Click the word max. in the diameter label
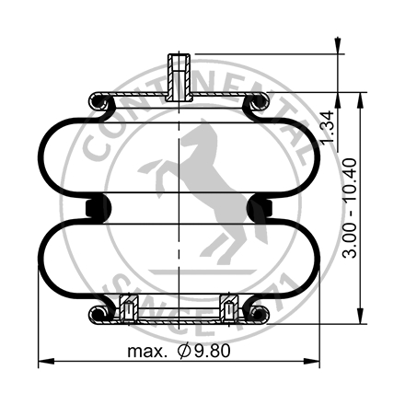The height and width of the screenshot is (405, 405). click(146, 352)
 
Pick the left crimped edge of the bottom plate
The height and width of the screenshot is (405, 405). click(96, 316)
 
